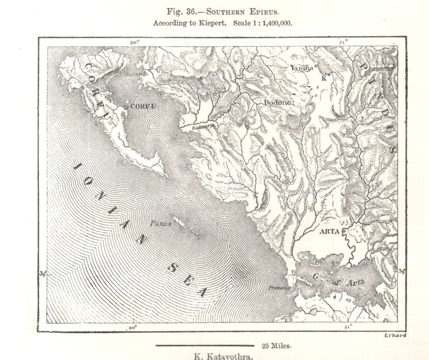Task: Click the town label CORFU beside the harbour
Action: [x=142, y=106]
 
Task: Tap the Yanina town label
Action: [x=302, y=68]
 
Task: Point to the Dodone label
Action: [x=278, y=103]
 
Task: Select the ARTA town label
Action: [x=329, y=231]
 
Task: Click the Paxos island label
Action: [x=161, y=224]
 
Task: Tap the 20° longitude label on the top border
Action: [x=134, y=42]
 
